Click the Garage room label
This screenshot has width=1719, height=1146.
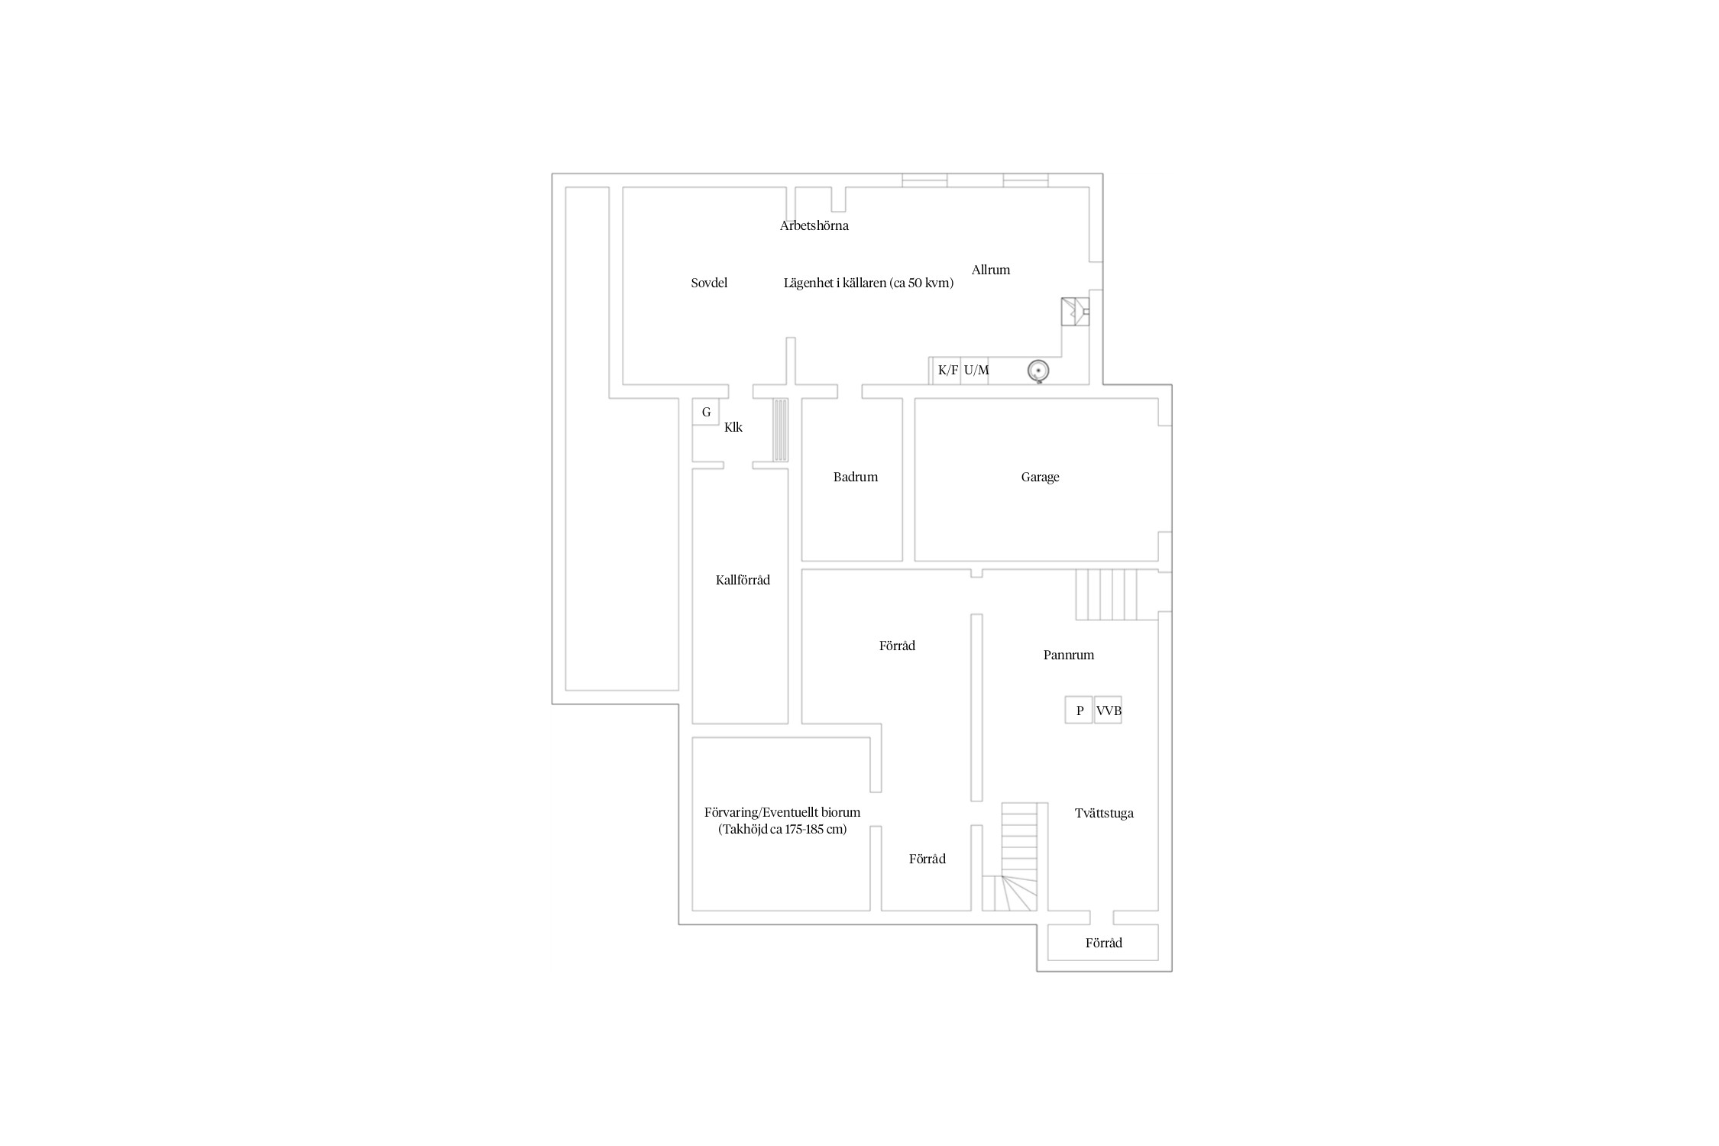1040,477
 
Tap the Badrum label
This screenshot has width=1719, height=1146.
855,477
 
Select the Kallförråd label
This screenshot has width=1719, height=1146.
743,580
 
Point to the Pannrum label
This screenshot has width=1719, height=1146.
1068,655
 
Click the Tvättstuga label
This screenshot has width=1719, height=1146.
1104,813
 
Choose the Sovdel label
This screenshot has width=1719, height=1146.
709,283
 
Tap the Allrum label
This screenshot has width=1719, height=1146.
991,270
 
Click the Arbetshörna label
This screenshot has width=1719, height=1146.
814,225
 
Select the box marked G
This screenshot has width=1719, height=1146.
706,412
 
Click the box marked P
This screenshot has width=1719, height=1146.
1079,710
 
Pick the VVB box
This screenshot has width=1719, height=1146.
1108,710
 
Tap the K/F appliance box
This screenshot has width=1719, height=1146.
947,371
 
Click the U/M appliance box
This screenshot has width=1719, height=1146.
976,371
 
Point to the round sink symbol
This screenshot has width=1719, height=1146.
1038,371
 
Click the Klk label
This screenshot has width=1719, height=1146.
733,427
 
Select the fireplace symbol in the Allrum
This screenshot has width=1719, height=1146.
1075,312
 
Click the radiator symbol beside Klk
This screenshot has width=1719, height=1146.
780,430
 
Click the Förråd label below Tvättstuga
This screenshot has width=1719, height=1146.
1104,943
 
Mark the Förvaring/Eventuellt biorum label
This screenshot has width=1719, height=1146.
782,813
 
